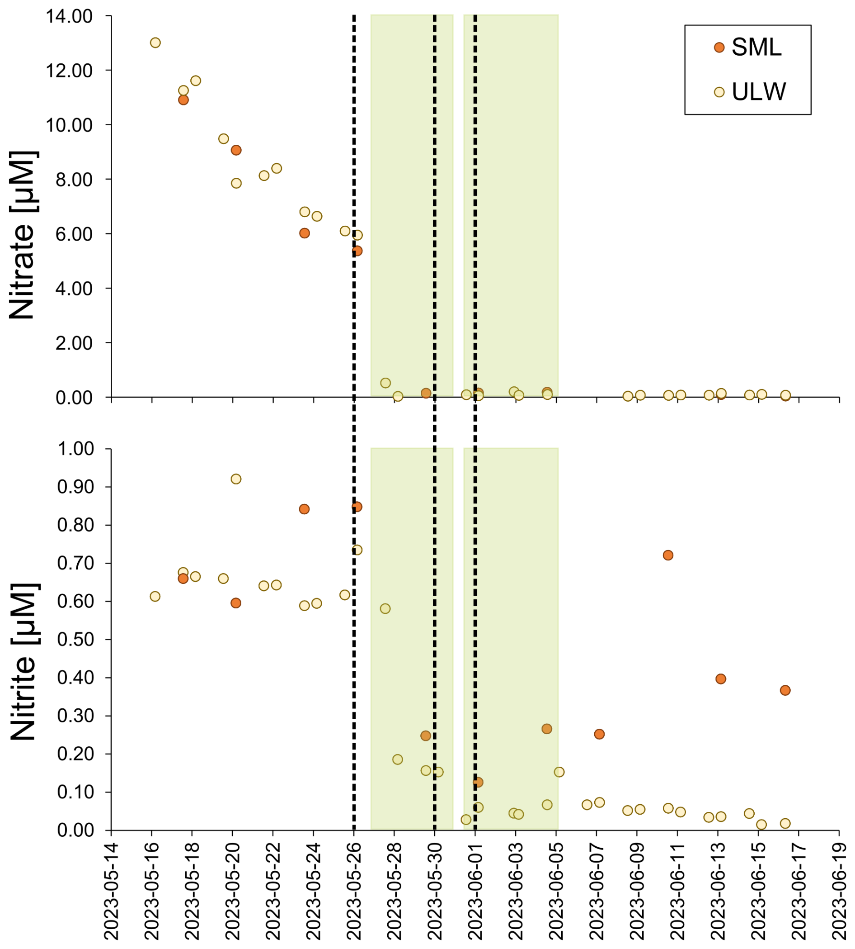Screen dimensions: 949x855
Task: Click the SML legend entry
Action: tap(756, 47)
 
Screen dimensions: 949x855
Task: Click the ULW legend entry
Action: tap(758, 92)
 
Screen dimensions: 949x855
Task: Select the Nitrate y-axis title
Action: tap(23, 235)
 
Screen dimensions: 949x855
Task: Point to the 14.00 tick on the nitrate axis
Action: tap(69, 16)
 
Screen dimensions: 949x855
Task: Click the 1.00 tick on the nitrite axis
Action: tap(75, 449)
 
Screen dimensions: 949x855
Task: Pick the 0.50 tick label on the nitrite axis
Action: tap(75, 640)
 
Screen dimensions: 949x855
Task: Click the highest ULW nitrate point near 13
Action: tap(155, 43)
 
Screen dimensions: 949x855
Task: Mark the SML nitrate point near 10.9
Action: tap(183, 100)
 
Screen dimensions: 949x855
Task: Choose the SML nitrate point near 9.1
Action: tap(236, 150)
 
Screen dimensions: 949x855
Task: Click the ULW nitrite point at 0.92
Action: tap(236, 479)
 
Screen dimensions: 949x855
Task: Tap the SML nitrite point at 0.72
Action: tap(667, 555)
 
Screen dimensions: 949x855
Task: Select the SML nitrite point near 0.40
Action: tap(721, 679)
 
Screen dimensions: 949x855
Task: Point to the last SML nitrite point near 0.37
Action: tap(785, 690)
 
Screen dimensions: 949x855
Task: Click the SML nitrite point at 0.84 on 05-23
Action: tap(304, 509)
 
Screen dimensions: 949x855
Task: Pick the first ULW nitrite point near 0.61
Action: tap(155, 596)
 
